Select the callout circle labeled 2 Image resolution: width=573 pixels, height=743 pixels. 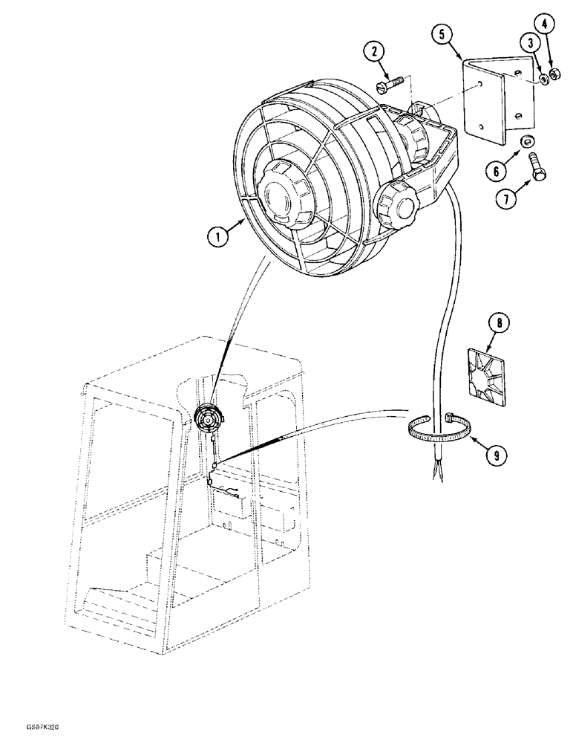(376, 51)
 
